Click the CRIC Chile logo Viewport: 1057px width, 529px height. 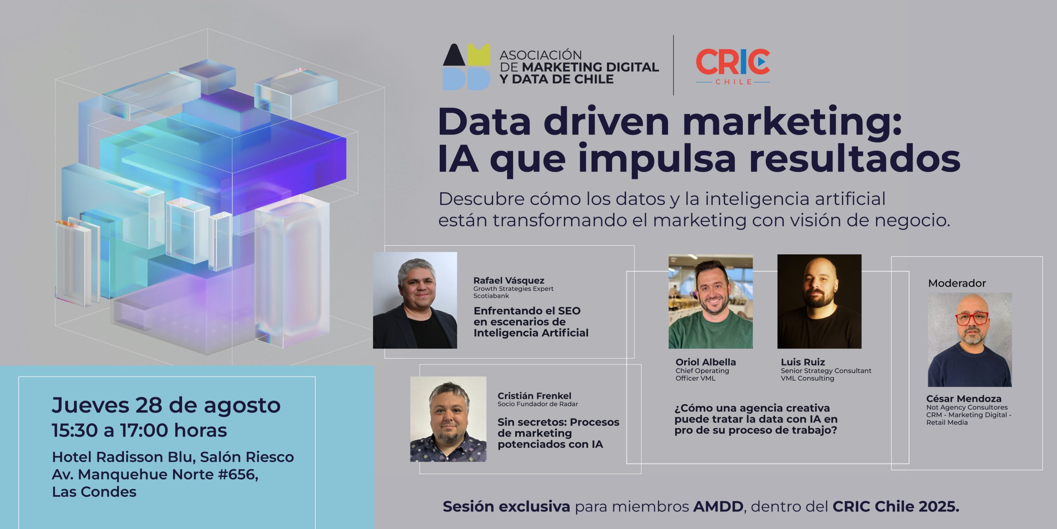pyautogui.click(x=733, y=67)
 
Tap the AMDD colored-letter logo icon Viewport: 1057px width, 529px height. pyautogui.click(x=467, y=67)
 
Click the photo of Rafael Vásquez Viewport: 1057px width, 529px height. pyautogui.click(x=415, y=300)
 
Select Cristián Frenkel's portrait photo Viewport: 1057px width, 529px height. pyautogui.click(x=448, y=419)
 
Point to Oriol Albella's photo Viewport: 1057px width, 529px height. pyautogui.click(x=711, y=301)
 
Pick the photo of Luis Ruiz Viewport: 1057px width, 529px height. pyautogui.click(x=820, y=301)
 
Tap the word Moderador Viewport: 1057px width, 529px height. pyautogui.click(x=957, y=283)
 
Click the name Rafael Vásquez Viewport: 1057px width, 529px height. pyautogui.click(x=509, y=281)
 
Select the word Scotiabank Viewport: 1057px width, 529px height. pyautogui.click(x=491, y=296)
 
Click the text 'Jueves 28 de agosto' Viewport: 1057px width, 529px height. pyautogui.click(x=166, y=406)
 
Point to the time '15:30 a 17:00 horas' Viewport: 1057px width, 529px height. pyautogui.click(x=140, y=430)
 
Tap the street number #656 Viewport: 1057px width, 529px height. pyautogui.click(x=238, y=474)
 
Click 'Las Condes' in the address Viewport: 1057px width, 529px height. pyautogui.click(x=94, y=492)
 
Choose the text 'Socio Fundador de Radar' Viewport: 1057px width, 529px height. pyautogui.click(x=538, y=404)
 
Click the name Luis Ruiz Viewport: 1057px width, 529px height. pyautogui.click(x=803, y=362)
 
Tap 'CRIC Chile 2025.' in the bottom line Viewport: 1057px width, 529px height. pyautogui.click(x=896, y=506)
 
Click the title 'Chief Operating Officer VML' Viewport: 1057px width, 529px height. pyautogui.click(x=702, y=374)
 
